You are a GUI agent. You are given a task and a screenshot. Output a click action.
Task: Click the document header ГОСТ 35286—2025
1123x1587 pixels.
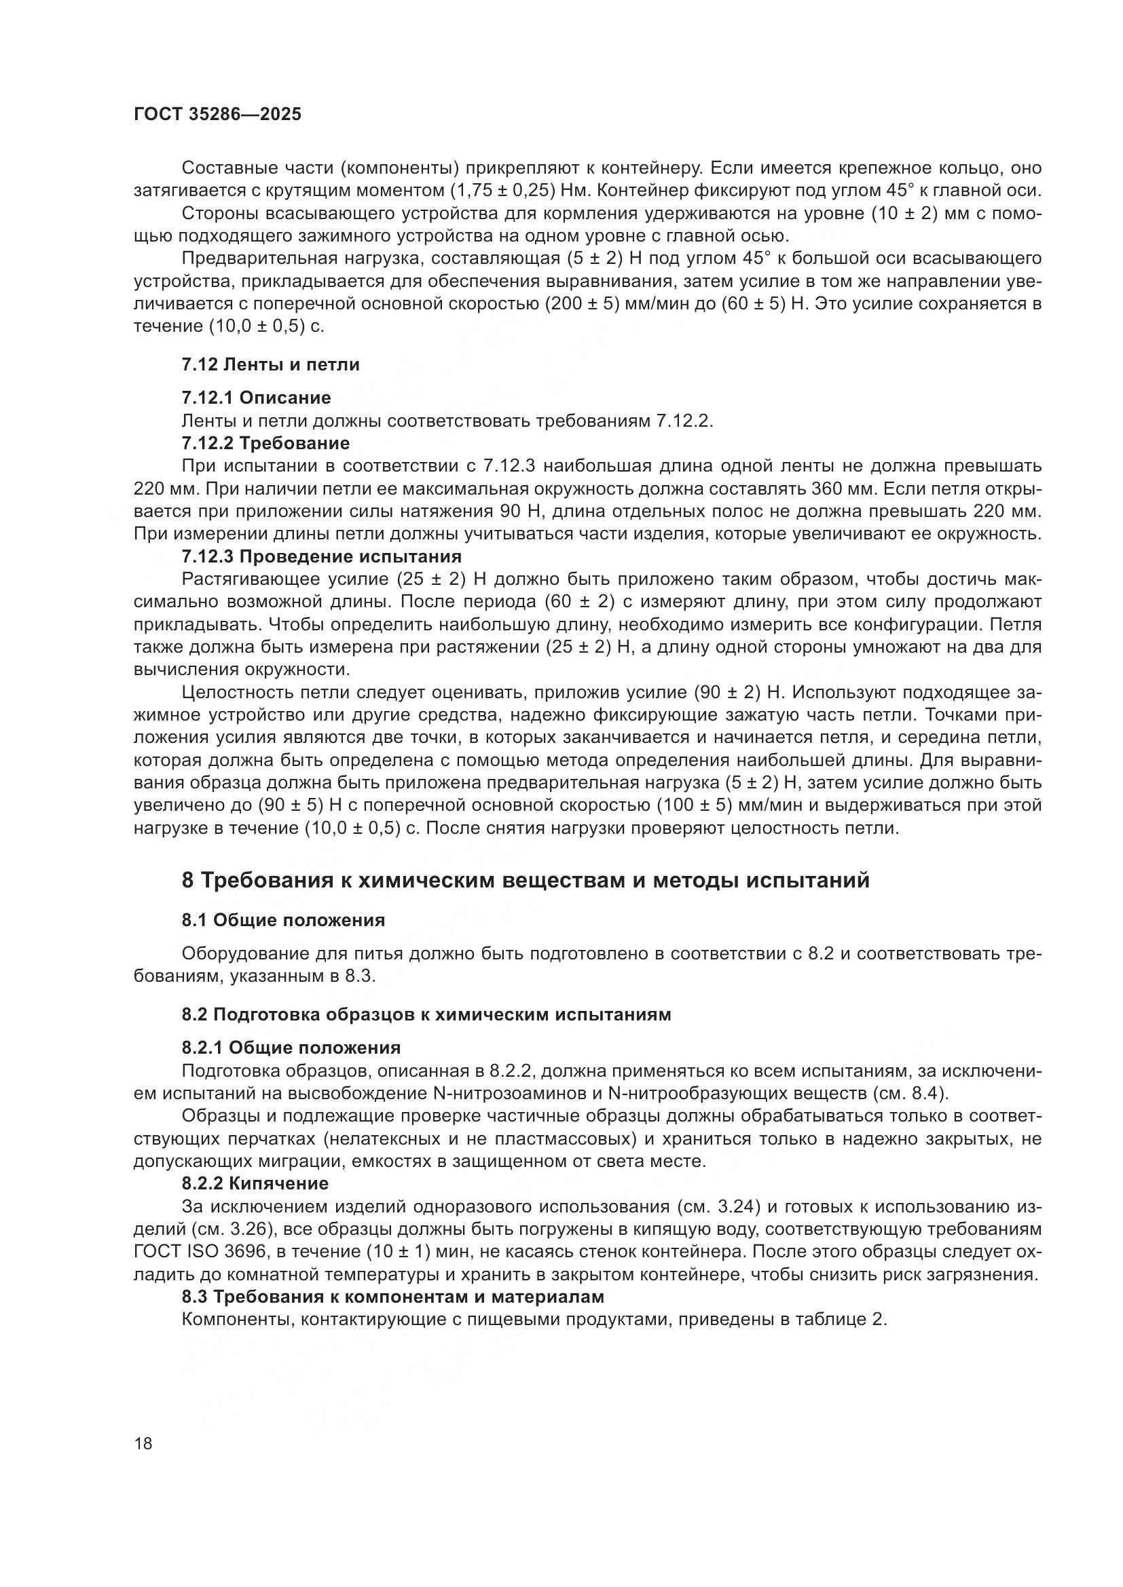click(x=217, y=115)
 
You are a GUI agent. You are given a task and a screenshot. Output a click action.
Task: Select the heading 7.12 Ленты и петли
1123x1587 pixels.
click(x=270, y=364)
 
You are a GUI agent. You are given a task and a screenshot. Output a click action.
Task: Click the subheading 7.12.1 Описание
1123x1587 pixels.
click(x=256, y=398)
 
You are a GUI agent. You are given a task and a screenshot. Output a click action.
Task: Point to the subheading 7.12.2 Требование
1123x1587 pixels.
click(x=265, y=442)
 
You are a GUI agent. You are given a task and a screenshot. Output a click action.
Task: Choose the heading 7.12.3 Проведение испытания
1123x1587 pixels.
click(x=322, y=556)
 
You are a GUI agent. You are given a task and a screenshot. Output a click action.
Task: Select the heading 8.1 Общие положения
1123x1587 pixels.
click(x=283, y=920)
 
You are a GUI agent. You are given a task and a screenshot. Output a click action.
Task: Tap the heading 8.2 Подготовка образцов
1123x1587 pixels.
click(x=426, y=1014)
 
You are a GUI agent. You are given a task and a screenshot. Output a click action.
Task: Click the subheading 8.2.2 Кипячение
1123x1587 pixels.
click(x=255, y=1183)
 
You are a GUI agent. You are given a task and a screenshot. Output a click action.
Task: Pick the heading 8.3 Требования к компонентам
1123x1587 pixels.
click(x=392, y=1296)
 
